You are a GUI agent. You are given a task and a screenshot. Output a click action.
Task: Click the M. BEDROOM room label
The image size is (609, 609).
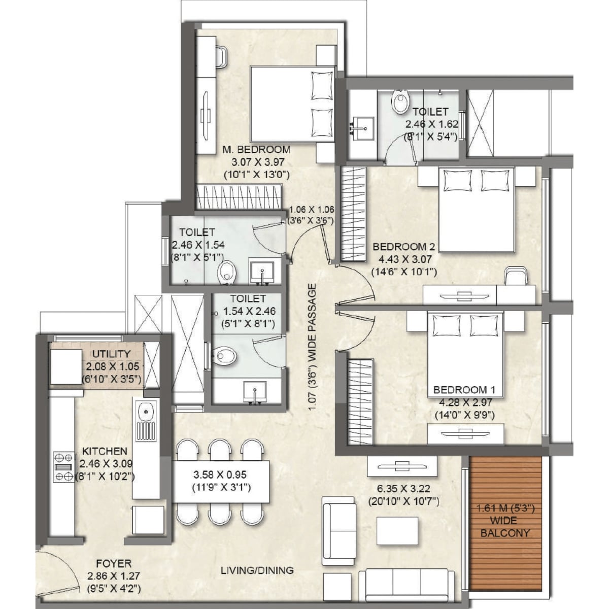click(x=256, y=149)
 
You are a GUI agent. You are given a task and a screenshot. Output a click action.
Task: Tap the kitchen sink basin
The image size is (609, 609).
click(x=146, y=412)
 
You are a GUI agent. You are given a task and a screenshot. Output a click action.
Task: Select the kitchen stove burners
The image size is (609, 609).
click(x=64, y=467)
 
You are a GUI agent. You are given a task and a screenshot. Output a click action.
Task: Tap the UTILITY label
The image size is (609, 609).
click(x=111, y=354)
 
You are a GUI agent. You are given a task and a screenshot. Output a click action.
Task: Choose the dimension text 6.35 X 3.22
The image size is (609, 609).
click(x=403, y=489)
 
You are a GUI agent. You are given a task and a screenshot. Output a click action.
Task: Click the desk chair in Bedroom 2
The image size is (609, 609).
click(x=516, y=276)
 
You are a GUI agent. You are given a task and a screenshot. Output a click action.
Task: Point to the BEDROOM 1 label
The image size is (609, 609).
click(x=464, y=390)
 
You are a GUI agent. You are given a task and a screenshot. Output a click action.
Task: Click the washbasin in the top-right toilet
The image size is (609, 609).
click(x=363, y=128)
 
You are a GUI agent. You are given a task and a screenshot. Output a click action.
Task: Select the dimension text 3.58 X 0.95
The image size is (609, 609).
click(x=220, y=475)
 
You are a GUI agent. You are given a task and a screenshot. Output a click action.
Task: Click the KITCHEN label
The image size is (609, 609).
click(x=105, y=450)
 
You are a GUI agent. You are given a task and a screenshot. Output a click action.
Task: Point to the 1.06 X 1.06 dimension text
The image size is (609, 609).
click(x=312, y=209)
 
